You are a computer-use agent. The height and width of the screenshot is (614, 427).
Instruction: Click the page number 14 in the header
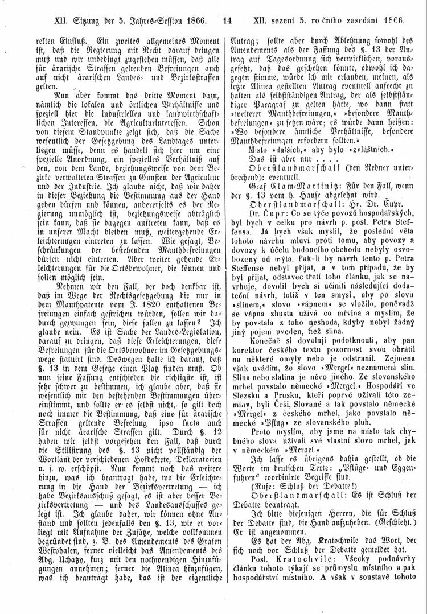(x=226, y=19)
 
